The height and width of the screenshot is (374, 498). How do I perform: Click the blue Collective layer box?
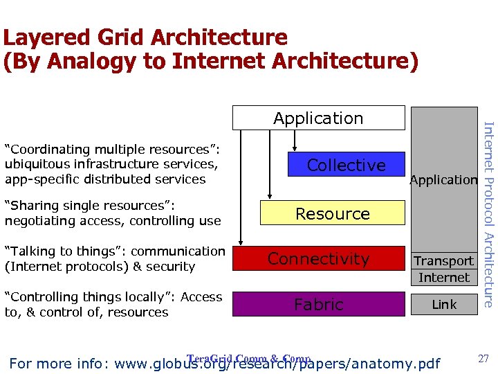point(346,165)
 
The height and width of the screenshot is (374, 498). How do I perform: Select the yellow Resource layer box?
point(332,213)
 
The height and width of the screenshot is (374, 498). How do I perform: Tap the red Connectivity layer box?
point(318,259)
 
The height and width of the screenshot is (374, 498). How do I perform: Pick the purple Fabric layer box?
point(318,304)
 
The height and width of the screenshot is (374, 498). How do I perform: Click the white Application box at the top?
point(318,118)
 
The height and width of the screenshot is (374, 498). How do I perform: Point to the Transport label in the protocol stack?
point(443,261)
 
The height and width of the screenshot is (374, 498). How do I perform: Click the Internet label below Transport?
point(443,278)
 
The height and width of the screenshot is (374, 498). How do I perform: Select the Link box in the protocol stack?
point(443,304)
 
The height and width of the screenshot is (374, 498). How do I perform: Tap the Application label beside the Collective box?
point(443,180)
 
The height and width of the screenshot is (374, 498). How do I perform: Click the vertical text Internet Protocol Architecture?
point(488,215)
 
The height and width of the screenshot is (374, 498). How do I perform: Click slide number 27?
point(483,358)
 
